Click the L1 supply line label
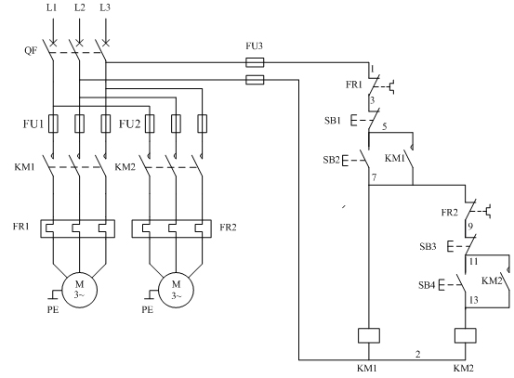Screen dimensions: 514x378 click(x=51, y=7)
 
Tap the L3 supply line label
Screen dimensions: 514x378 click(x=105, y=7)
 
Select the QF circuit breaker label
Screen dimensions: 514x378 click(x=31, y=50)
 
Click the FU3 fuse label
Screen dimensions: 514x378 click(x=254, y=46)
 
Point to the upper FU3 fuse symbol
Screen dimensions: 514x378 click(x=255, y=62)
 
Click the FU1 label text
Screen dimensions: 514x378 click(x=33, y=124)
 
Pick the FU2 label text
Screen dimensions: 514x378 click(x=129, y=124)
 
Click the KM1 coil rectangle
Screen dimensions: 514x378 click(x=369, y=335)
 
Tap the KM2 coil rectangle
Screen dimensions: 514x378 click(x=465, y=335)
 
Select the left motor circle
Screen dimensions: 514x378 click(x=80, y=290)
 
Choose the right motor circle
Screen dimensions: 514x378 click(x=176, y=290)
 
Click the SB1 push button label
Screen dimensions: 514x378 click(x=333, y=121)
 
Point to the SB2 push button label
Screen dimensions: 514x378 click(x=331, y=160)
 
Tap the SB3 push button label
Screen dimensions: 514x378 click(x=428, y=246)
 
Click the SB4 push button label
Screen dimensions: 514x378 click(x=427, y=285)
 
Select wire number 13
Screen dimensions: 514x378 click(x=474, y=300)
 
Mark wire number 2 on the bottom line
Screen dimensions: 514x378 click(x=417, y=354)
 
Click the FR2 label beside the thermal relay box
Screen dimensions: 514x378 click(x=228, y=228)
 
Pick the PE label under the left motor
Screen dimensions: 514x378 click(x=53, y=309)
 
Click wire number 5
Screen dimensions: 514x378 click(x=384, y=126)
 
